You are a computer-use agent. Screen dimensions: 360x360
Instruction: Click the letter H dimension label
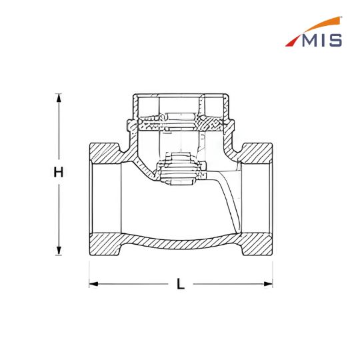[x=58, y=172]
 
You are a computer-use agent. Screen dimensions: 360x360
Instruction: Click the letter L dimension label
[x=181, y=284]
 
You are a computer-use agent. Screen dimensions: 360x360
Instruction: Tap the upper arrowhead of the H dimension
[x=59, y=98]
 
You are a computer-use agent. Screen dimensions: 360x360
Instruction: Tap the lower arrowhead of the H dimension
[x=59, y=251]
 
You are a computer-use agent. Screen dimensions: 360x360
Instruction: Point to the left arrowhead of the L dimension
[x=94, y=284]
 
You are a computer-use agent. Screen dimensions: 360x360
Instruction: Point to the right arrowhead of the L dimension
[x=268, y=284]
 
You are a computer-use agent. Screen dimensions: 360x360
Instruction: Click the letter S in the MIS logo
[x=335, y=41]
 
